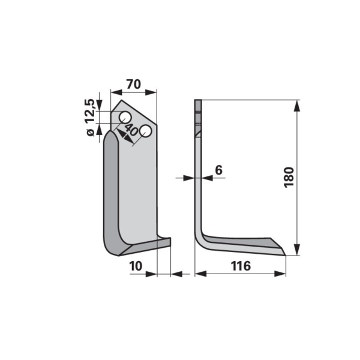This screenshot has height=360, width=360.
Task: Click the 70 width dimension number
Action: (133, 84)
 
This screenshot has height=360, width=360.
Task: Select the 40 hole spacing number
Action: (131, 130)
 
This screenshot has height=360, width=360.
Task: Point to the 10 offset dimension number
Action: (136, 266)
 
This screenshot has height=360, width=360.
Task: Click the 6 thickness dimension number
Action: (219, 170)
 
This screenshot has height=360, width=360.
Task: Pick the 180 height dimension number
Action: (289, 178)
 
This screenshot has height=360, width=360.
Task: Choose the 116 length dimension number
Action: (241, 266)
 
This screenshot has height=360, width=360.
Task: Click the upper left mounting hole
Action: (125, 118)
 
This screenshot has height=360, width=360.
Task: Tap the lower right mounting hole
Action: (146, 131)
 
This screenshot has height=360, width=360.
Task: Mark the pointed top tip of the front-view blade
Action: (121, 100)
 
